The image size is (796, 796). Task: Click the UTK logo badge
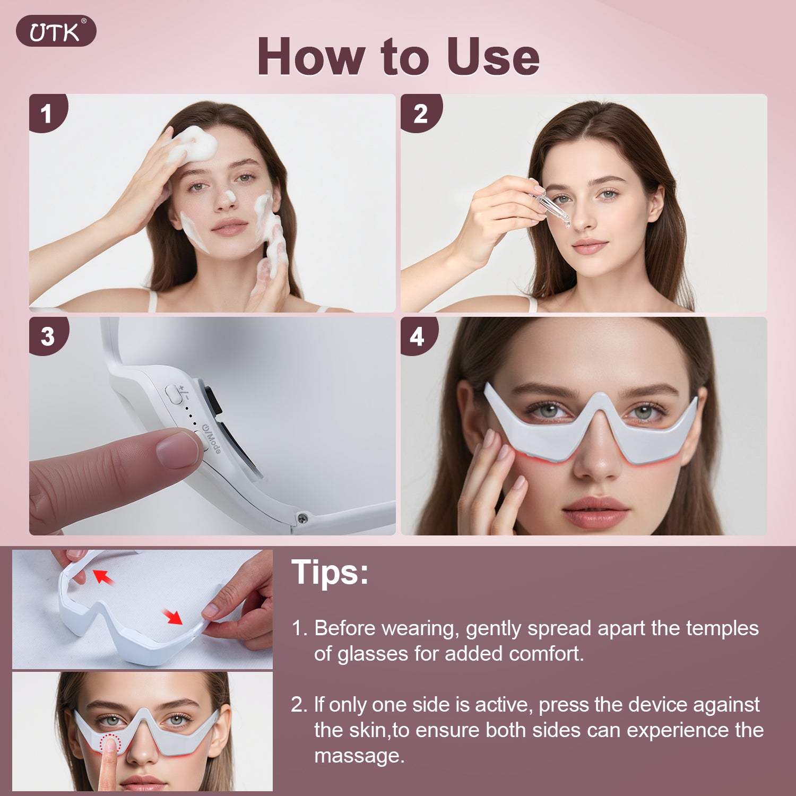56,31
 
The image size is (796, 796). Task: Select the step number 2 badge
420,113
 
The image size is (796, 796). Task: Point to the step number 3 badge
48,336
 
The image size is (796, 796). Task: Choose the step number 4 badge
418,336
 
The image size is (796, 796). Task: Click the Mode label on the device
212,439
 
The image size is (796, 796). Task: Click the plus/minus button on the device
174,394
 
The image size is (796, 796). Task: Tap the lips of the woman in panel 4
595,512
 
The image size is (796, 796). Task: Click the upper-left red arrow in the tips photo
104,577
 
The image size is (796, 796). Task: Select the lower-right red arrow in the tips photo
173,617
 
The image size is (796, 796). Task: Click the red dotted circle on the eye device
110,743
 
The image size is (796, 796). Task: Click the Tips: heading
330,572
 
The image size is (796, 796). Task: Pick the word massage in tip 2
359,756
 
